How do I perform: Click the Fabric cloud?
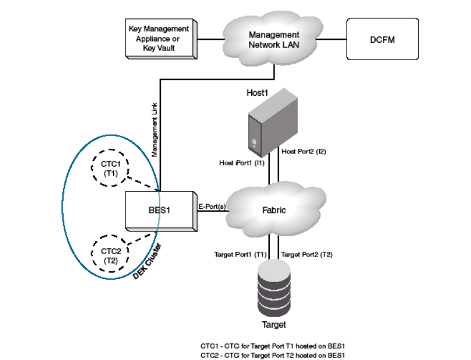coord(275,210)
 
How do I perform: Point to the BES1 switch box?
coord(160,209)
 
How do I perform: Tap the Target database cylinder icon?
coord(275,291)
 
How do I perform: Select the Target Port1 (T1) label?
coord(240,255)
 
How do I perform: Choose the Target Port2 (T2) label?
coord(307,255)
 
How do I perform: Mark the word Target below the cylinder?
coord(274,325)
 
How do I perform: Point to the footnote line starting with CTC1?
coord(273,345)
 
